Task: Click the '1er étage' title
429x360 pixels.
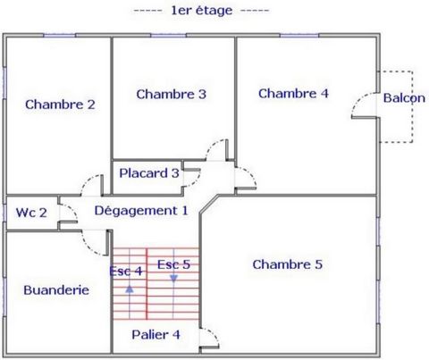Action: coord(201,11)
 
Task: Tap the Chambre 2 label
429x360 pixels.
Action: coord(60,105)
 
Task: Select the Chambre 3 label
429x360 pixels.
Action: coord(172,94)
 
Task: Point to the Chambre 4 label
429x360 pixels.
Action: coord(293,94)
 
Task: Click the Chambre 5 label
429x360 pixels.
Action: coord(288,264)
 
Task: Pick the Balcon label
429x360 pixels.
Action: coord(404,98)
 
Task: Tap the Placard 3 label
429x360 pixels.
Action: coord(149,173)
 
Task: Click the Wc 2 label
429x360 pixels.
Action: coord(31,213)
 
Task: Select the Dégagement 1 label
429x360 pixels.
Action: coord(141,211)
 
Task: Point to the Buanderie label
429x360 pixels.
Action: coord(56,290)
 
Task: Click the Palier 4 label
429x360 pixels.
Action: coord(156,335)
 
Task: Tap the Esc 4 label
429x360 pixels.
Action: coord(126,271)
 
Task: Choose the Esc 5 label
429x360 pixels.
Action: coord(173,264)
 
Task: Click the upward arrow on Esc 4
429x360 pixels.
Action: coord(130,289)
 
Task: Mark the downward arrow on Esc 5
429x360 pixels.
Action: coord(173,279)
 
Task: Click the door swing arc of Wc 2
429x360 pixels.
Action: coord(72,209)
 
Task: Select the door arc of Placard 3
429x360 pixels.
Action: coord(197,181)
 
